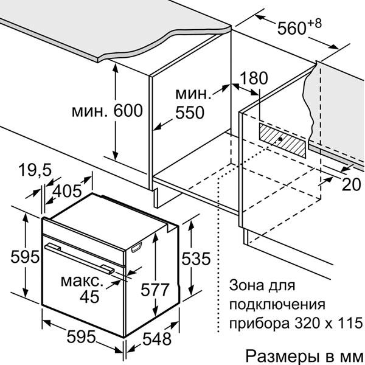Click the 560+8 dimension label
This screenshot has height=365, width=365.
(299, 26)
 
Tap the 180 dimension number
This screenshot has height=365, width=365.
(254, 78)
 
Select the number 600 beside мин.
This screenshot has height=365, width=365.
(128, 111)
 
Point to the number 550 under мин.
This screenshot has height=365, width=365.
(190, 113)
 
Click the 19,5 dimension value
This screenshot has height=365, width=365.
(35, 170)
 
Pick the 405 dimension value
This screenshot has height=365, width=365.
(67, 191)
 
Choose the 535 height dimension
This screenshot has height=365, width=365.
(196, 259)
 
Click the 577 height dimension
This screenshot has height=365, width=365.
(155, 290)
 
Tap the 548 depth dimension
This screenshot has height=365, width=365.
(157, 339)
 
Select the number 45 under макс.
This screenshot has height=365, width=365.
(89, 297)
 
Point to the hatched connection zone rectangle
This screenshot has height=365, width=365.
(282, 140)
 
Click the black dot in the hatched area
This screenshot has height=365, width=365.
(280, 139)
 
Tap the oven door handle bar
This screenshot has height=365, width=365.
(79, 258)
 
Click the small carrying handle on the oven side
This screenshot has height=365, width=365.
(137, 248)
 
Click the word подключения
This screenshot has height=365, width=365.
(277, 305)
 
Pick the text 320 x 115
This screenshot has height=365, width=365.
(328, 323)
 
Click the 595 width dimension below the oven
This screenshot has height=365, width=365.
(82, 336)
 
